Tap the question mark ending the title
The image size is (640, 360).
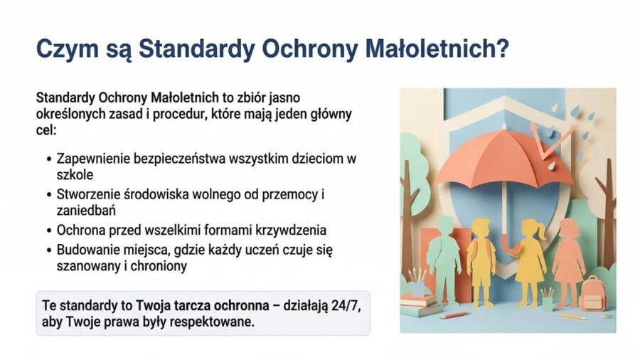(x=502, y=49)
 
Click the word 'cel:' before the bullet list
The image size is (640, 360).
(x=45, y=131)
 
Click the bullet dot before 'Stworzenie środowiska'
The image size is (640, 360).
(x=48, y=194)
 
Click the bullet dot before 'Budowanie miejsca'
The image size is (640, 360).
(x=48, y=250)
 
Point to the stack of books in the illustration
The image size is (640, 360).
(x=419, y=305)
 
